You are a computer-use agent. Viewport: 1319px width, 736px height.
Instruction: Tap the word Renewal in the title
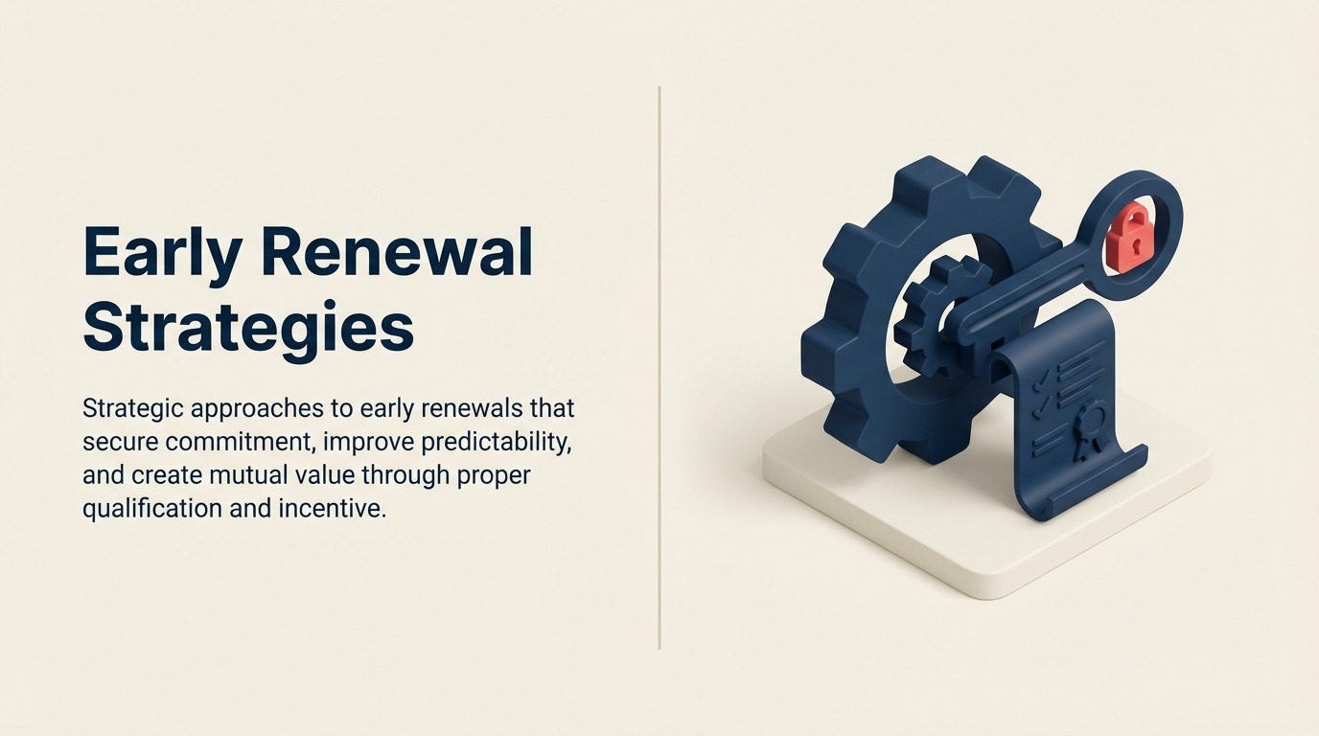pos(396,253)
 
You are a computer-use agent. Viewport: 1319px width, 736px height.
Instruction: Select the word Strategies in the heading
pos(248,328)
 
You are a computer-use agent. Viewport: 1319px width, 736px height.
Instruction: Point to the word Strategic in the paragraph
pos(132,408)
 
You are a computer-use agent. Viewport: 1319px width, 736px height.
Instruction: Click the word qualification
pos(152,508)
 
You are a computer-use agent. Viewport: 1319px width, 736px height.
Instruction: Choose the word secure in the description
pos(120,442)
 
